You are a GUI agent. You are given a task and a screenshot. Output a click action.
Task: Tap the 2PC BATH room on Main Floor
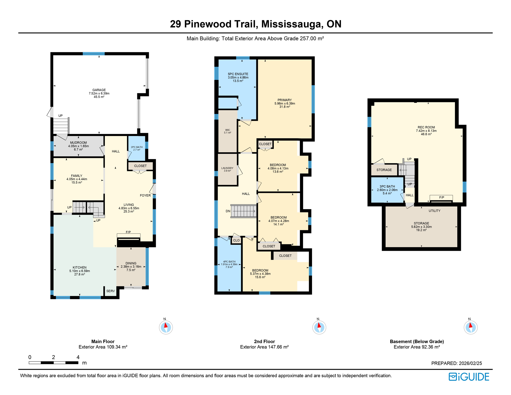[136, 148]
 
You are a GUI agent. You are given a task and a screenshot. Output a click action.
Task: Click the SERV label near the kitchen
[111, 291]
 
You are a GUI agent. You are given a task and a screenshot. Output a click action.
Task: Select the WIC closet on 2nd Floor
[227, 131]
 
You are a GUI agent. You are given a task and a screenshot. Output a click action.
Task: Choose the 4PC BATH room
[229, 264]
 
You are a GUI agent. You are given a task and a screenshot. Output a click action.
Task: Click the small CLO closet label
[236, 240]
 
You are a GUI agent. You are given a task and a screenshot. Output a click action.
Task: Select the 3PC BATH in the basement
[387, 190]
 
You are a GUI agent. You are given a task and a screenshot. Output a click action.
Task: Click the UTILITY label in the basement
[434, 211]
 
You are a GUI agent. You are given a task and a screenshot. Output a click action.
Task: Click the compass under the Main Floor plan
[166, 327]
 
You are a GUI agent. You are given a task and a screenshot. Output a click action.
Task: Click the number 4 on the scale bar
[78, 357]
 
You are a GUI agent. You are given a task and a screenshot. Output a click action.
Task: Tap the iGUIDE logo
[469, 377]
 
